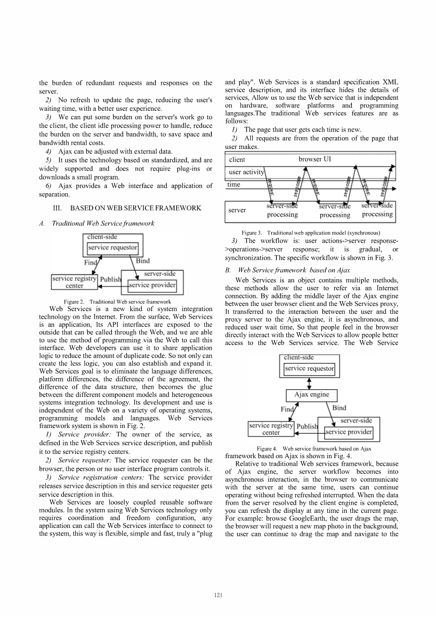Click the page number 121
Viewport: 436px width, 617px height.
pyautogui.click(x=218, y=595)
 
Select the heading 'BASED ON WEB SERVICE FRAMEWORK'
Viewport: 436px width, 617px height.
pyautogui.click(x=136, y=208)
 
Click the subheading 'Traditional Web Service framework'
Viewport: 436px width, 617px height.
pyautogui.click(x=103, y=223)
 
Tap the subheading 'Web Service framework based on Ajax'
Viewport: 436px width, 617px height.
pyautogui.click(x=294, y=270)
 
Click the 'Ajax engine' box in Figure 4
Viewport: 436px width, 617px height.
pyautogui.click(x=312, y=395)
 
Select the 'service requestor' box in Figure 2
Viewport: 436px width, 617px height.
pyautogui.click(x=113, y=247)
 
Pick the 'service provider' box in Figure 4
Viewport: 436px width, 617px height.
pyautogui.click(x=349, y=432)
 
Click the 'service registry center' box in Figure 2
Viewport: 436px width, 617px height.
pyautogui.click(x=74, y=282)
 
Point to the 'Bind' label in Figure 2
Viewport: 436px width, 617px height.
pyautogui.click(x=143, y=261)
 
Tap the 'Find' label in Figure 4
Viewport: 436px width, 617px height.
pyautogui.click(x=287, y=410)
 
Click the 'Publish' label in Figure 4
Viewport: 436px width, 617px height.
pyautogui.click(x=307, y=426)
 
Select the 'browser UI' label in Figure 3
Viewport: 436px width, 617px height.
pyautogui.click(x=315, y=159)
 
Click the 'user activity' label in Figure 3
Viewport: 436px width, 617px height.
pyautogui.click(x=246, y=172)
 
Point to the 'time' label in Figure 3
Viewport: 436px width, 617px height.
pyautogui.click(x=234, y=185)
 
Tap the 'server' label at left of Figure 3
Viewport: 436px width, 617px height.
pyautogui.click(x=237, y=210)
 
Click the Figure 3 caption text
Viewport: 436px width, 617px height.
pyautogui.click(x=311, y=233)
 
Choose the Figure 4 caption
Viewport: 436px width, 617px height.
pyautogui.click(x=314, y=449)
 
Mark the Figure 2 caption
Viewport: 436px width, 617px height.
pyautogui.click(x=117, y=302)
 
